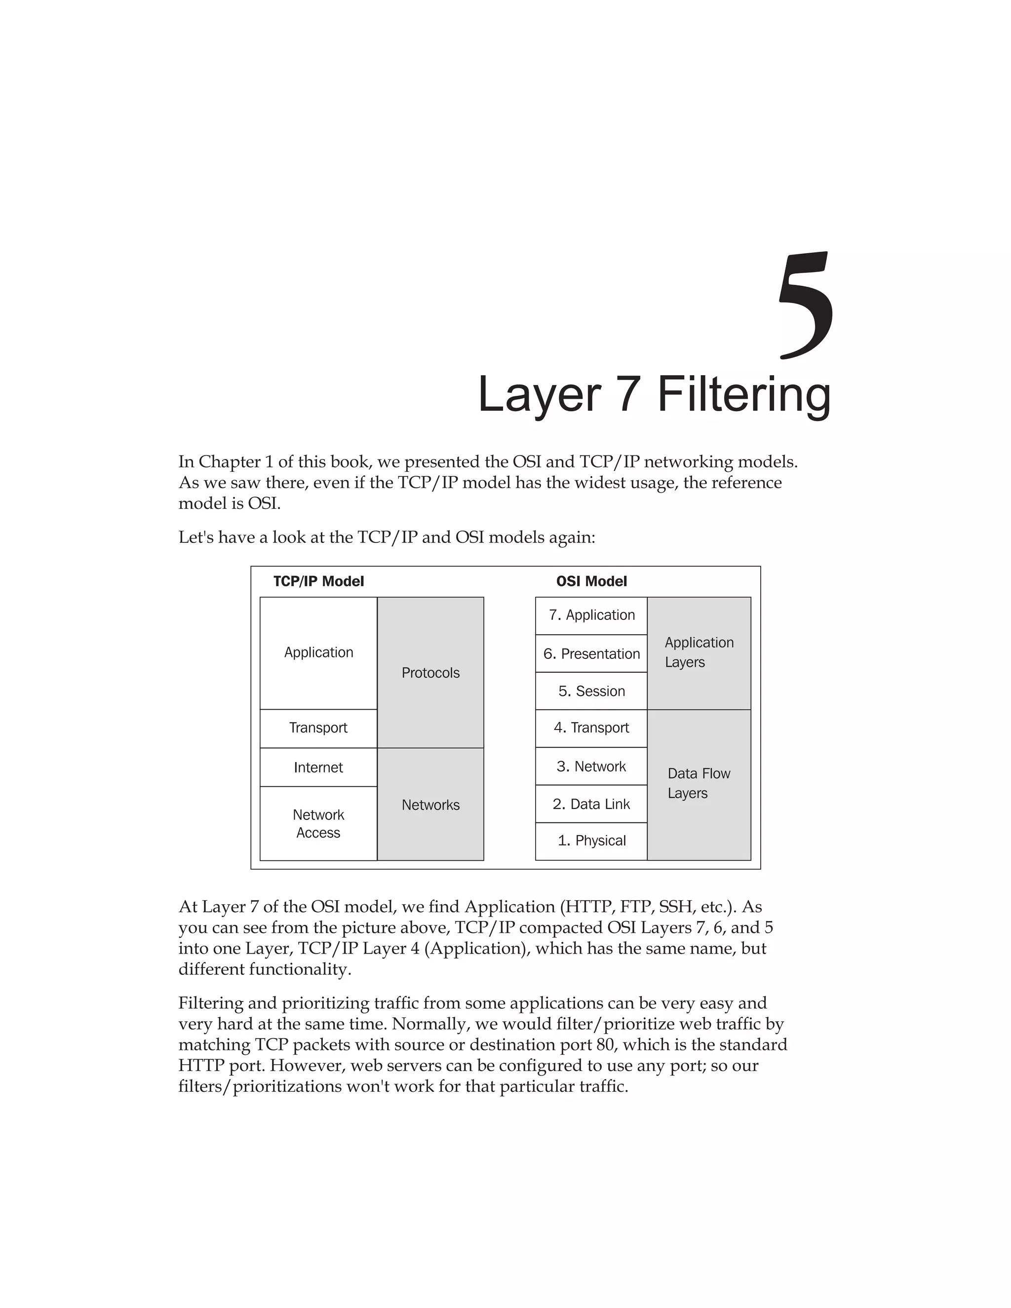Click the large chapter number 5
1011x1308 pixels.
point(806,306)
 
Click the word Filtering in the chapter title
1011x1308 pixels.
point(744,395)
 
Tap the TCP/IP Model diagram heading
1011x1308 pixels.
point(318,581)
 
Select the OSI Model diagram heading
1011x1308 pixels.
point(591,581)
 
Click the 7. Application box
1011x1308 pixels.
point(591,615)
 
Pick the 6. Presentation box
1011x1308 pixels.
point(591,654)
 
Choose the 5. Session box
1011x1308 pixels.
point(591,691)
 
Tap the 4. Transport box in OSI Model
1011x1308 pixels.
point(591,728)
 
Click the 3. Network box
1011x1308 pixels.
point(591,767)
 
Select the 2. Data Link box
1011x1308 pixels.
point(591,804)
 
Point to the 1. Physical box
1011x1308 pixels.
point(591,841)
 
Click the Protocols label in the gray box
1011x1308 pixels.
point(430,673)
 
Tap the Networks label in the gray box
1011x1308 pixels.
point(430,805)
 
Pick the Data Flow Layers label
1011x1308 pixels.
point(699,783)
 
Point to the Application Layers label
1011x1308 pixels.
point(699,652)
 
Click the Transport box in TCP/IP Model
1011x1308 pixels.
point(318,728)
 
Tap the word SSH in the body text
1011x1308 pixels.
point(675,907)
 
